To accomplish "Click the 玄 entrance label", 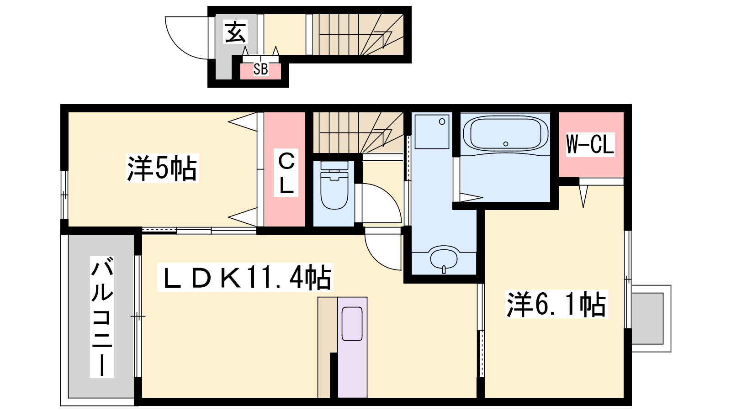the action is pos(235,32).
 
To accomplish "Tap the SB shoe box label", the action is pos(261,69).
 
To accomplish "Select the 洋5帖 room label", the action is pos(162,169).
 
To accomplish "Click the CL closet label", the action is pos(286,173).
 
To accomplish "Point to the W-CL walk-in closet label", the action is pos(590,144).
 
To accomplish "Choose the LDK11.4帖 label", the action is pos(245,277).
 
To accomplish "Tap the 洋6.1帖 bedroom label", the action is pos(556,304).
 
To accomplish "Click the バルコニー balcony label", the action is pos(102,317).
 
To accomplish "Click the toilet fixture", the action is pos(334,185).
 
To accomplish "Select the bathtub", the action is pos(505,134).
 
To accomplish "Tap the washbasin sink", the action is pos(444,259).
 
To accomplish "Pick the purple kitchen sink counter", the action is pos(352,347).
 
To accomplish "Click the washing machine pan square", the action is pos(432,132).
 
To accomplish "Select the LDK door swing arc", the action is pos(375,258).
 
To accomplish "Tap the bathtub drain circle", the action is pos(506,144).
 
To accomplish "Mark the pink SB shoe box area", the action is pos(260,71).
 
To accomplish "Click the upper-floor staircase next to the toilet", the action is pos(358,132).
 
